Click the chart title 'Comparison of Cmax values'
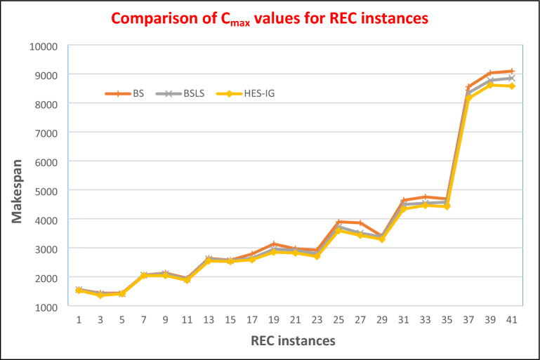coord(269,20)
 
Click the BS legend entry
coord(138,93)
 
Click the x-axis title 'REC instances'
coord(291,340)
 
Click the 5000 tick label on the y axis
coord(48,190)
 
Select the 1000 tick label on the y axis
coord(48,307)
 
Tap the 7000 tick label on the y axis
coord(48,132)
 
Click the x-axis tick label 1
coord(79,319)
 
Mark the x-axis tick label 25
coord(338,319)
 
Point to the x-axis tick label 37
coord(468,319)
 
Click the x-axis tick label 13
coord(209,319)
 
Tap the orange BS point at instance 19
coord(274,244)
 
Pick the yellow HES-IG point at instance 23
coord(317,256)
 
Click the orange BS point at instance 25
coord(338,222)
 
